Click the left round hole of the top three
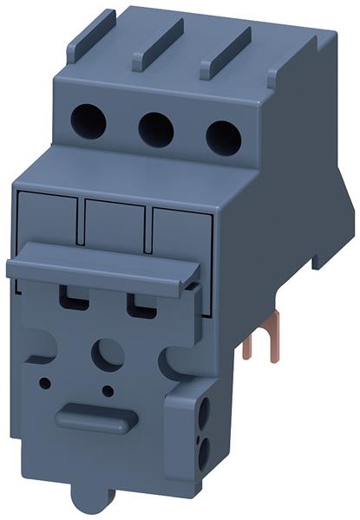coord(88,122)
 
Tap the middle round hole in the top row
coord(156,128)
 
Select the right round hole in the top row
coord(223,135)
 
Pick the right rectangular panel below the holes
coord(179,232)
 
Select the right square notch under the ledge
coord(139,304)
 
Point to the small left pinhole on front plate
coord(45,380)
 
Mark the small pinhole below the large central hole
coord(108,391)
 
